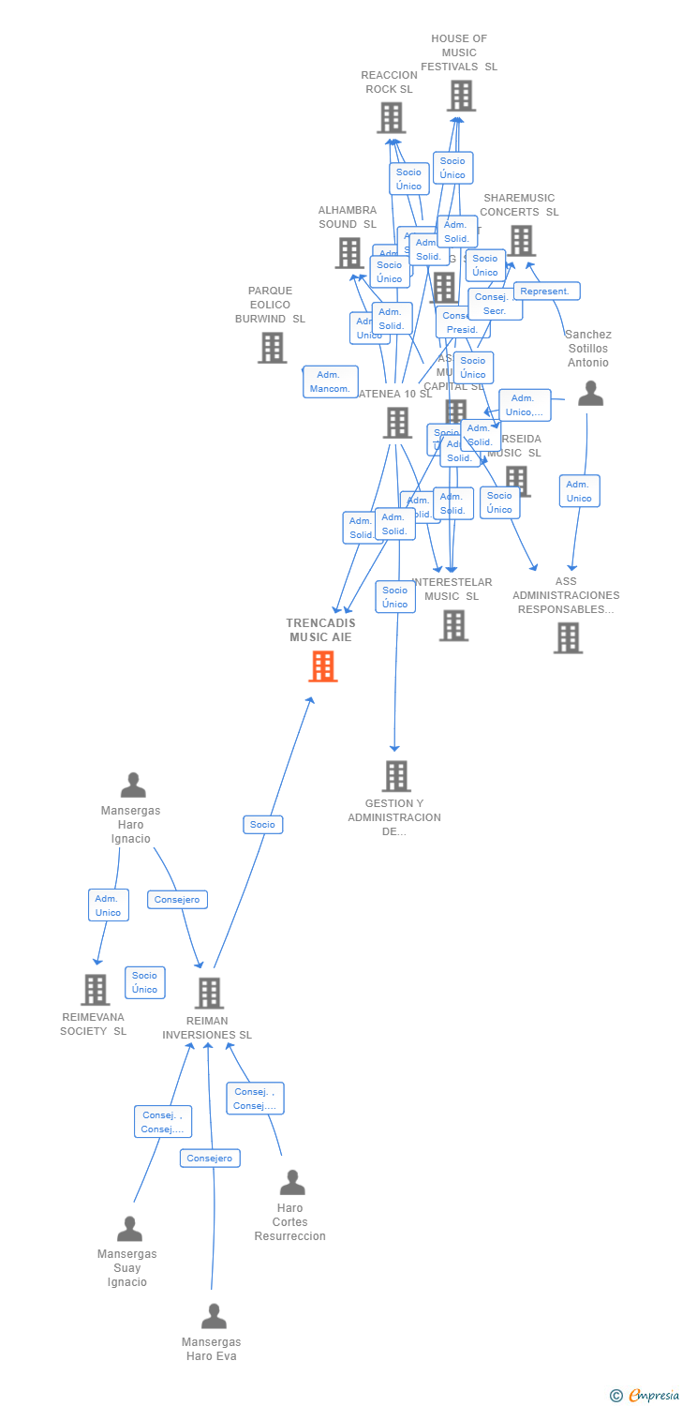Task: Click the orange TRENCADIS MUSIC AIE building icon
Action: (322, 666)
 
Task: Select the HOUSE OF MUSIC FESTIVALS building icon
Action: (461, 96)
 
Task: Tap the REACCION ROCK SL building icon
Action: (391, 118)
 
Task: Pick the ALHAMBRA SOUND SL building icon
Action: (349, 253)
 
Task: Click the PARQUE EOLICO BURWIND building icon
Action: (273, 348)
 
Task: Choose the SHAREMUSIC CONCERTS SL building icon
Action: (521, 241)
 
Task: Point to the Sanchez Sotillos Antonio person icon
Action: (590, 394)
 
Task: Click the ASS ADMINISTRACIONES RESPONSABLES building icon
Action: (568, 638)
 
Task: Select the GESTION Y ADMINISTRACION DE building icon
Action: (396, 776)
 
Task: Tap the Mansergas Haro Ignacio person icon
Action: (133, 785)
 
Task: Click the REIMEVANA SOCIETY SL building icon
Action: (95, 990)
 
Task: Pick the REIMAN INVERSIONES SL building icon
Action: (209, 994)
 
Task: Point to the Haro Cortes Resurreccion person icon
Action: (292, 1183)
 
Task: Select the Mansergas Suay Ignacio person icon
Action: (129, 1229)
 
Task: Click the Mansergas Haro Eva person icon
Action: (214, 1317)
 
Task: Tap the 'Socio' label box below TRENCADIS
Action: (262, 825)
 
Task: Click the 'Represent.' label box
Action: (546, 292)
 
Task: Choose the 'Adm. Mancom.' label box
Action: (330, 381)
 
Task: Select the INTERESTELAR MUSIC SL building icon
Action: (453, 625)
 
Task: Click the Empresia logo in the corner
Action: (646, 1396)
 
